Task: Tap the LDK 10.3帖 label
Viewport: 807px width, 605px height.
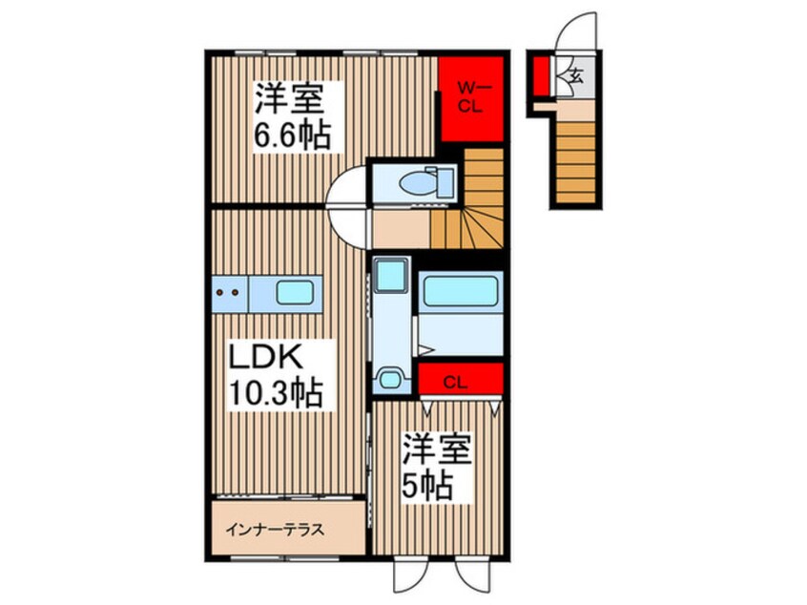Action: [x=276, y=375]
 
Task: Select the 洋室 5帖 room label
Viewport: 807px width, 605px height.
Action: [x=436, y=468]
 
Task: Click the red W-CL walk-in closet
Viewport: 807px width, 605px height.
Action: [x=470, y=98]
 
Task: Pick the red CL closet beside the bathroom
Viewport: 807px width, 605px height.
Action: [x=460, y=379]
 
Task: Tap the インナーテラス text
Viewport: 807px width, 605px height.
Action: [x=275, y=530]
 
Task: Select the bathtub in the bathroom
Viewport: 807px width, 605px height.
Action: [x=460, y=291]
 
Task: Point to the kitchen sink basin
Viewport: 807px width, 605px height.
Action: [x=295, y=293]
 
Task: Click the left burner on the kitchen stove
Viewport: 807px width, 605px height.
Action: [x=219, y=292]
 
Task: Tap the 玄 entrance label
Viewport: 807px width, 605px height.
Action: [x=577, y=77]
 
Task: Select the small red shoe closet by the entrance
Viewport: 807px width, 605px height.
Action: [x=540, y=75]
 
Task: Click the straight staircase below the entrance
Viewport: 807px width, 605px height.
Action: [x=576, y=161]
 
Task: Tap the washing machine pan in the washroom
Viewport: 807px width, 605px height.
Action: [x=391, y=275]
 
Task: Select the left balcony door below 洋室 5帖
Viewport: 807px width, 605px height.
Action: [x=411, y=574]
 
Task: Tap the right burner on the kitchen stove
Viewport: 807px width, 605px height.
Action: [x=236, y=292]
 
